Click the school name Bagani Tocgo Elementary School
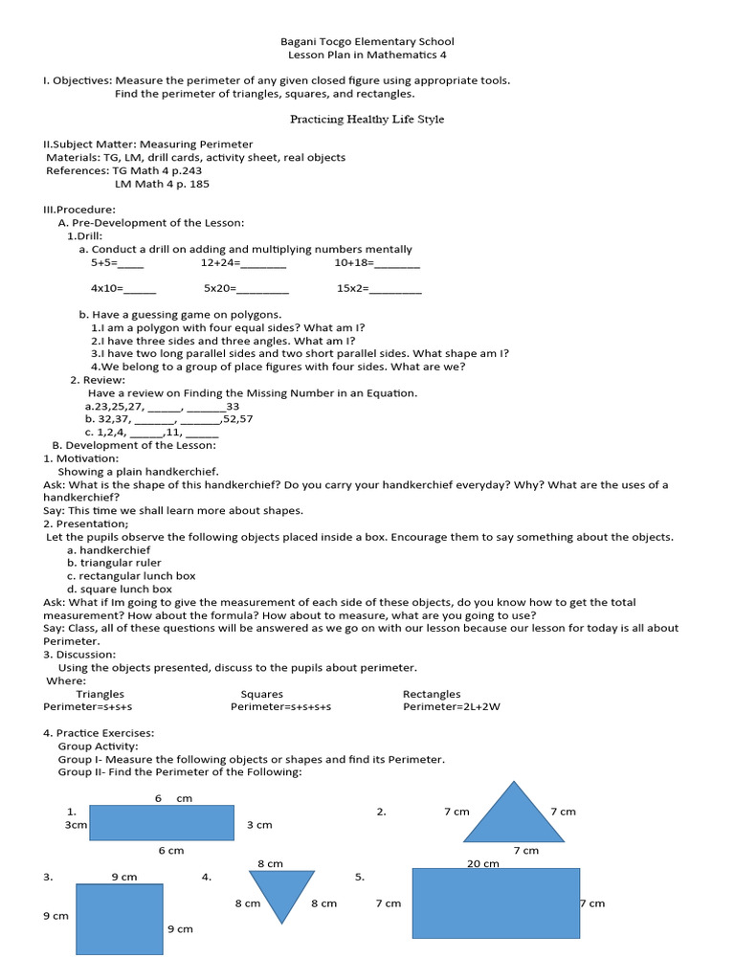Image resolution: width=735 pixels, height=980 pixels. (x=367, y=41)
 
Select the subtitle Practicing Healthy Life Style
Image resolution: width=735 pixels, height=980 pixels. (x=367, y=120)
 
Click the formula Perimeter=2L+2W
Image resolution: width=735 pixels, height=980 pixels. (x=451, y=707)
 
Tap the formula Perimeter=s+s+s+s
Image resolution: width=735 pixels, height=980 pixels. (x=280, y=707)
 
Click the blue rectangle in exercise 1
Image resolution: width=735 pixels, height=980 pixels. (x=163, y=823)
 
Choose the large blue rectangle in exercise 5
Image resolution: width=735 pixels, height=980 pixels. (x=496, y=902)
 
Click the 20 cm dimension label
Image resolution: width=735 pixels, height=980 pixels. (x=482, y=863)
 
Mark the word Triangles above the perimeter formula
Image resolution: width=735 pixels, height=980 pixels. (x=100, y=694)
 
